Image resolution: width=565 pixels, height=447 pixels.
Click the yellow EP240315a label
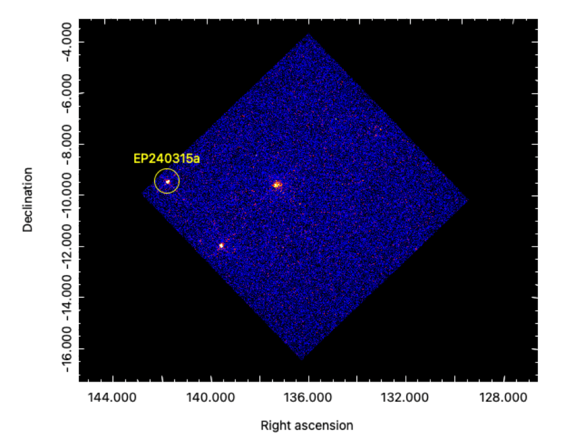[166, 159]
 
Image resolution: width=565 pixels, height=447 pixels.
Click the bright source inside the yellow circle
[168, 182]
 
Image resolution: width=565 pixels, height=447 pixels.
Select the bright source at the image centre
[276, 184]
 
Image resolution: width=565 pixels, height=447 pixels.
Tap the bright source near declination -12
[221, 246]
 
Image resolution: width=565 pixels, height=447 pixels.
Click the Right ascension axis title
[307, 426]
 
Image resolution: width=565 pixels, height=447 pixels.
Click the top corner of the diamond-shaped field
[308, 35]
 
